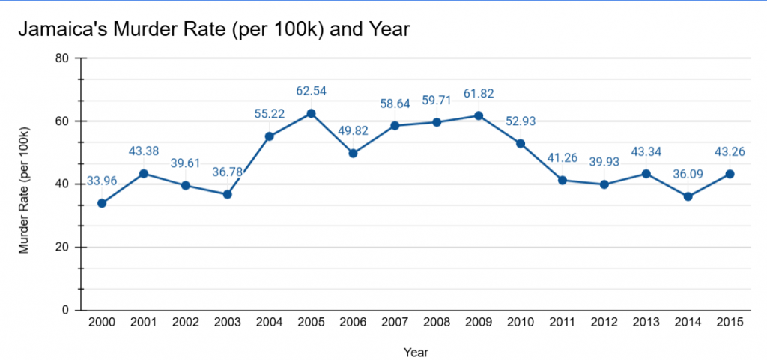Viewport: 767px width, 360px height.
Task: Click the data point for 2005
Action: click(x=311, y=113)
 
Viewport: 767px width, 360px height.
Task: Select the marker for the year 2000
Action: click(x=102, y=203)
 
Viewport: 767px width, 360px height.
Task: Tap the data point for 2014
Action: click(x=688, y=196)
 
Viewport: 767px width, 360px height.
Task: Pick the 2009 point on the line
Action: click(x=479, y=115)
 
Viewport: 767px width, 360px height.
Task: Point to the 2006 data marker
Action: click(x=353, y=153)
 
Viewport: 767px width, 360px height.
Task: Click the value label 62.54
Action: click(x=311, y=91)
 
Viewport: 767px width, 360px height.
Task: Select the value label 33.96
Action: click(x=102, y=180)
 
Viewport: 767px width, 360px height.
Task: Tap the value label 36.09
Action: click(x=688, y=173)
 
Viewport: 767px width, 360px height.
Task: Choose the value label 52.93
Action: click(x=521, y=121)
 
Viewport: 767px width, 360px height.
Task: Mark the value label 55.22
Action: click(x=269, y=114)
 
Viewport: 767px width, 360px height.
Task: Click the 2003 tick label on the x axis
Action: click(x=227, y=322)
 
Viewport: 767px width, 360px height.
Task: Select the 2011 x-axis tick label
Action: click(x=562, y=322)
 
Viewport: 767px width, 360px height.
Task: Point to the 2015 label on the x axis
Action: click(x=730, y=322)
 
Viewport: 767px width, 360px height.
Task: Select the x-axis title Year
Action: click(x=416, y=351)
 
